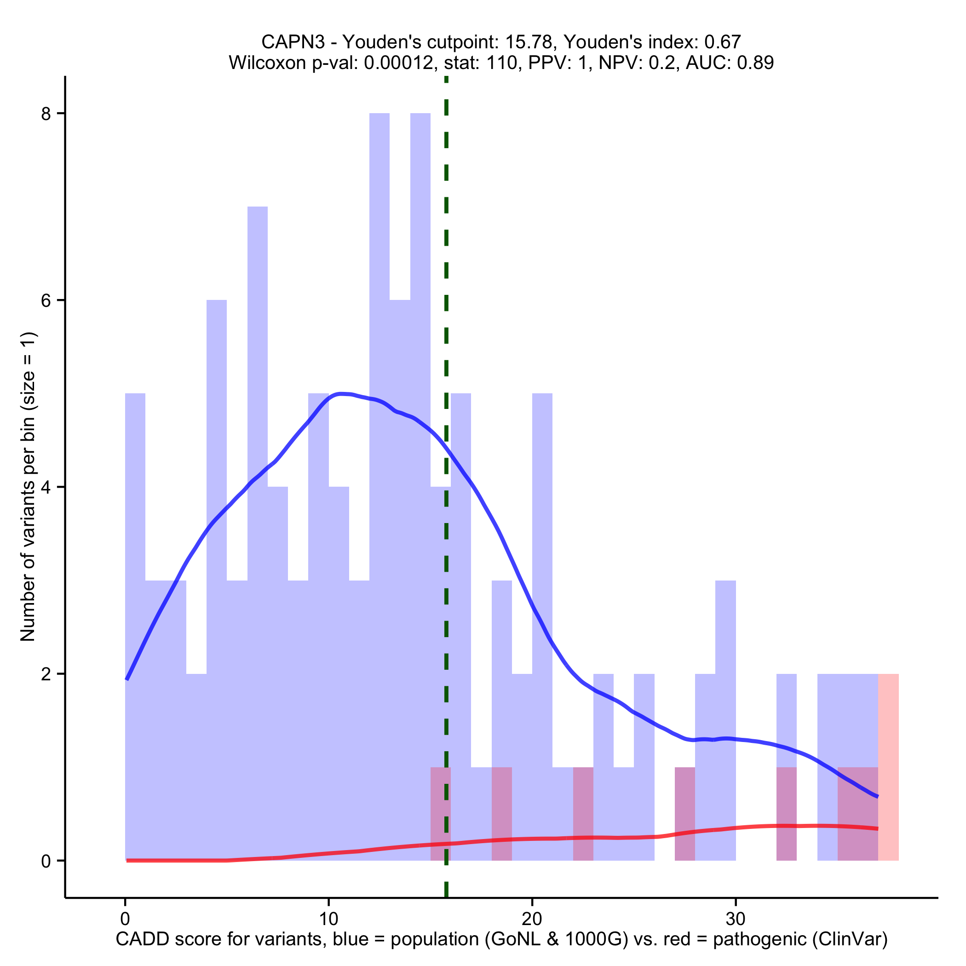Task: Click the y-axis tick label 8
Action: pos(46,114)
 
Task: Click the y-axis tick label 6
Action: pos(46,300)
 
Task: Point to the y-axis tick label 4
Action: pos(46,488)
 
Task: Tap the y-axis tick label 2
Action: pos(46,674)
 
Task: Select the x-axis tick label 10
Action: pos(328,919)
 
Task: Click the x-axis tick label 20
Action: pos(532,919)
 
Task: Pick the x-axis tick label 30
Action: pos(736,919)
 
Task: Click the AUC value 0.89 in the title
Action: pos(755,63)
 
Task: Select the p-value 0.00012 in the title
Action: pos(398,63)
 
